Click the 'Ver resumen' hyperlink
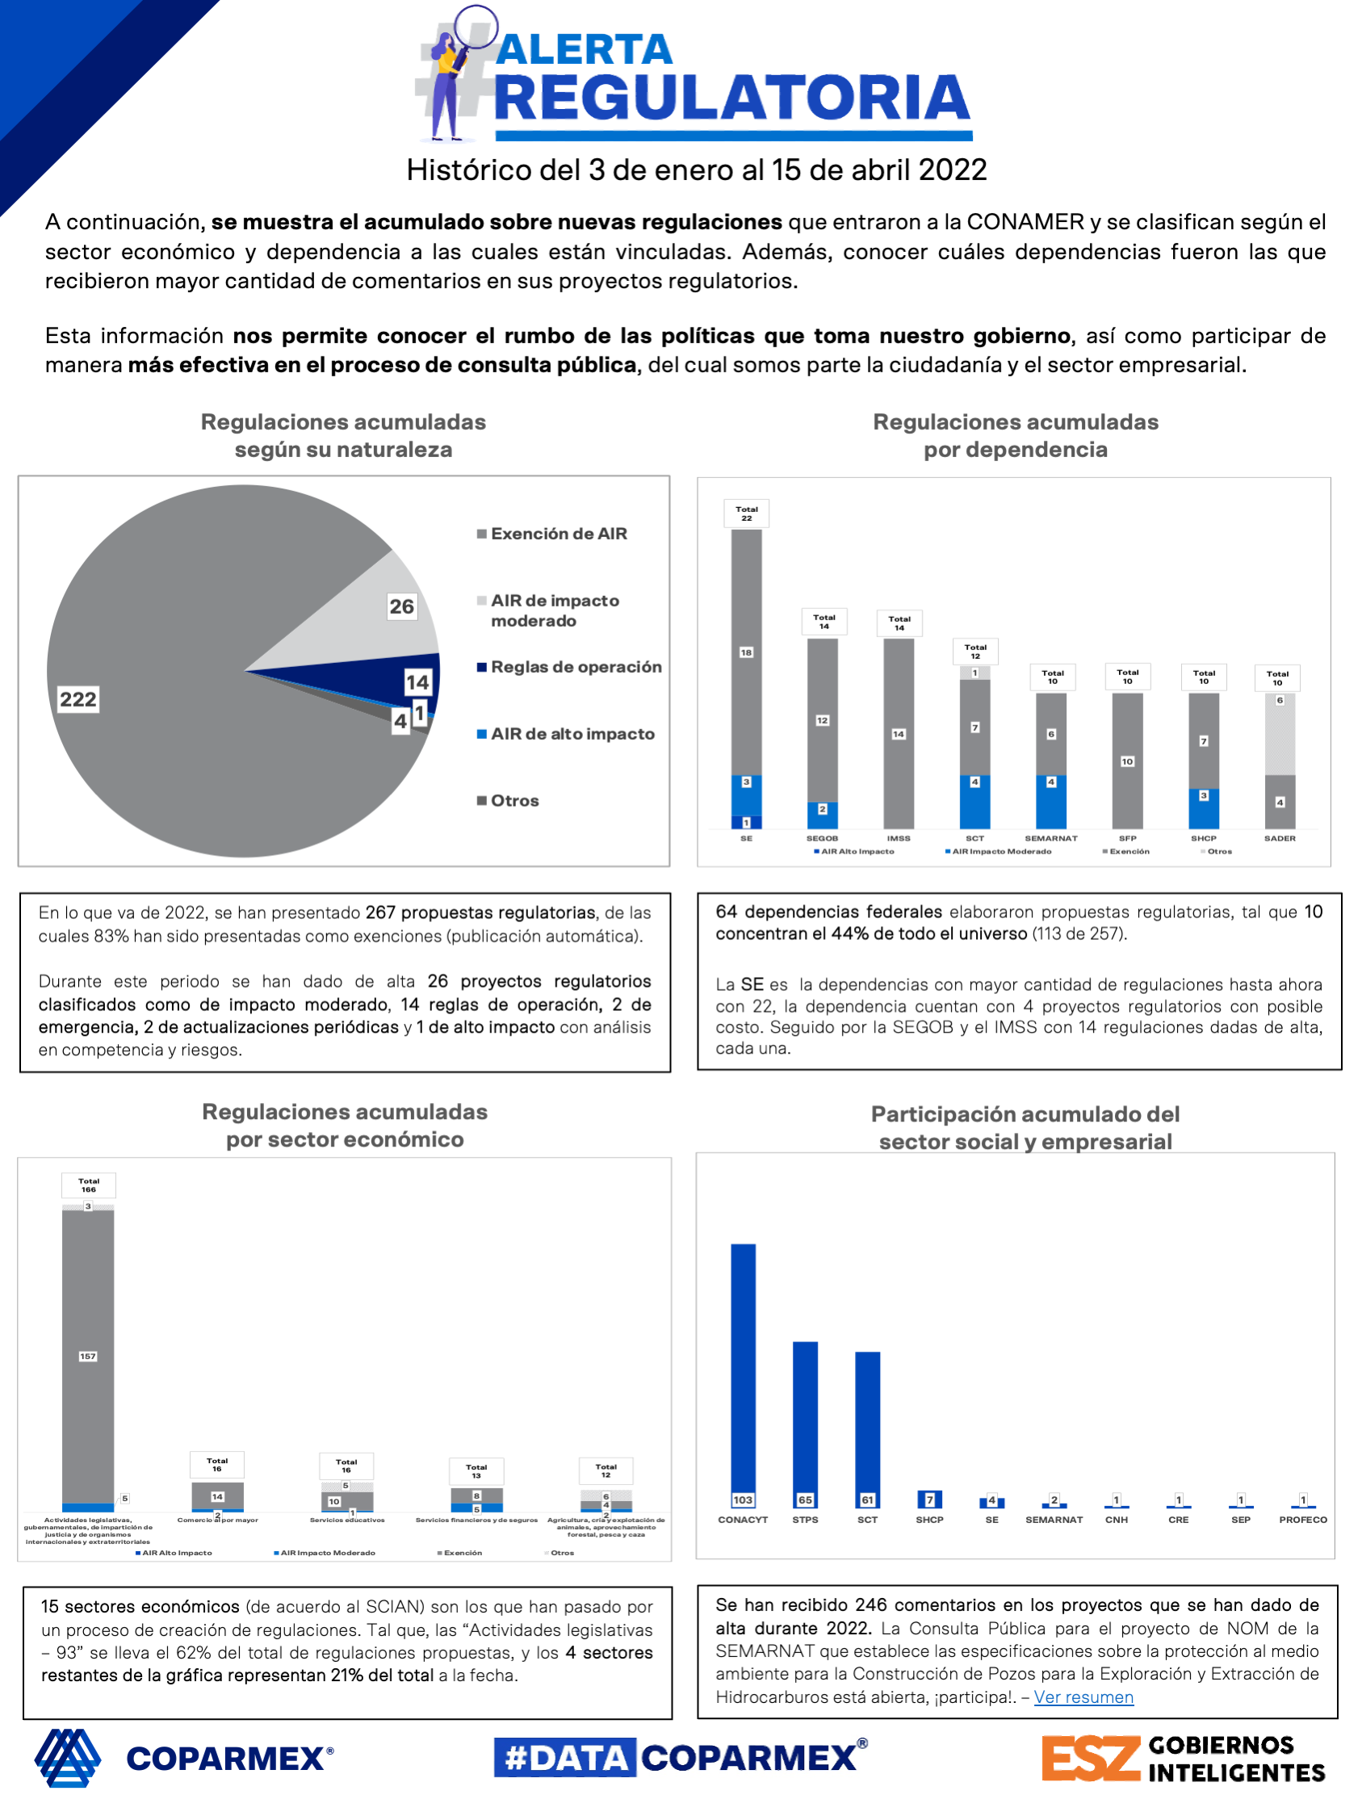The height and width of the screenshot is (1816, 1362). click(1083, 1697)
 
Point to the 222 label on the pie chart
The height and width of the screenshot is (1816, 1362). click(78, 699)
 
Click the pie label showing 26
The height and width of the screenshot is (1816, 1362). click(401, 606)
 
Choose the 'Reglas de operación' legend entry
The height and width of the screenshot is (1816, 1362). click(576, 667)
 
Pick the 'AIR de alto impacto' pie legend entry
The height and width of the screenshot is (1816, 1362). click(572, 734)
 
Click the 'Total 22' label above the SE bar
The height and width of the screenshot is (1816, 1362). click(746, 514)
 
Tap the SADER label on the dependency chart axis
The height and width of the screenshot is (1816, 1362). click(1279, 838)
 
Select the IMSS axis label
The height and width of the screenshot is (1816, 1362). click(898, 838)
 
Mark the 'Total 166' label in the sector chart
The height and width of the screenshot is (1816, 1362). click(89, 1185)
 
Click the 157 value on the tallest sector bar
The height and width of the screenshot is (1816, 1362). click(88, 1357)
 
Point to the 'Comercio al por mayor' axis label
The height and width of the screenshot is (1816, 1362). click(217, 1520)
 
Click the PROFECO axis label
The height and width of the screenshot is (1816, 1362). click(1302, 1520)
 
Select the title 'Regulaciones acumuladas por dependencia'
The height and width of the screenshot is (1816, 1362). click(1015, 436)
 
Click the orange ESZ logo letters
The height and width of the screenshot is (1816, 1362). click(1090, 1759)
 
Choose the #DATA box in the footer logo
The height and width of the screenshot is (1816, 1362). click(565, 1758)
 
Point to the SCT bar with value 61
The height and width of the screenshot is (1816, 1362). click(867, 1429)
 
